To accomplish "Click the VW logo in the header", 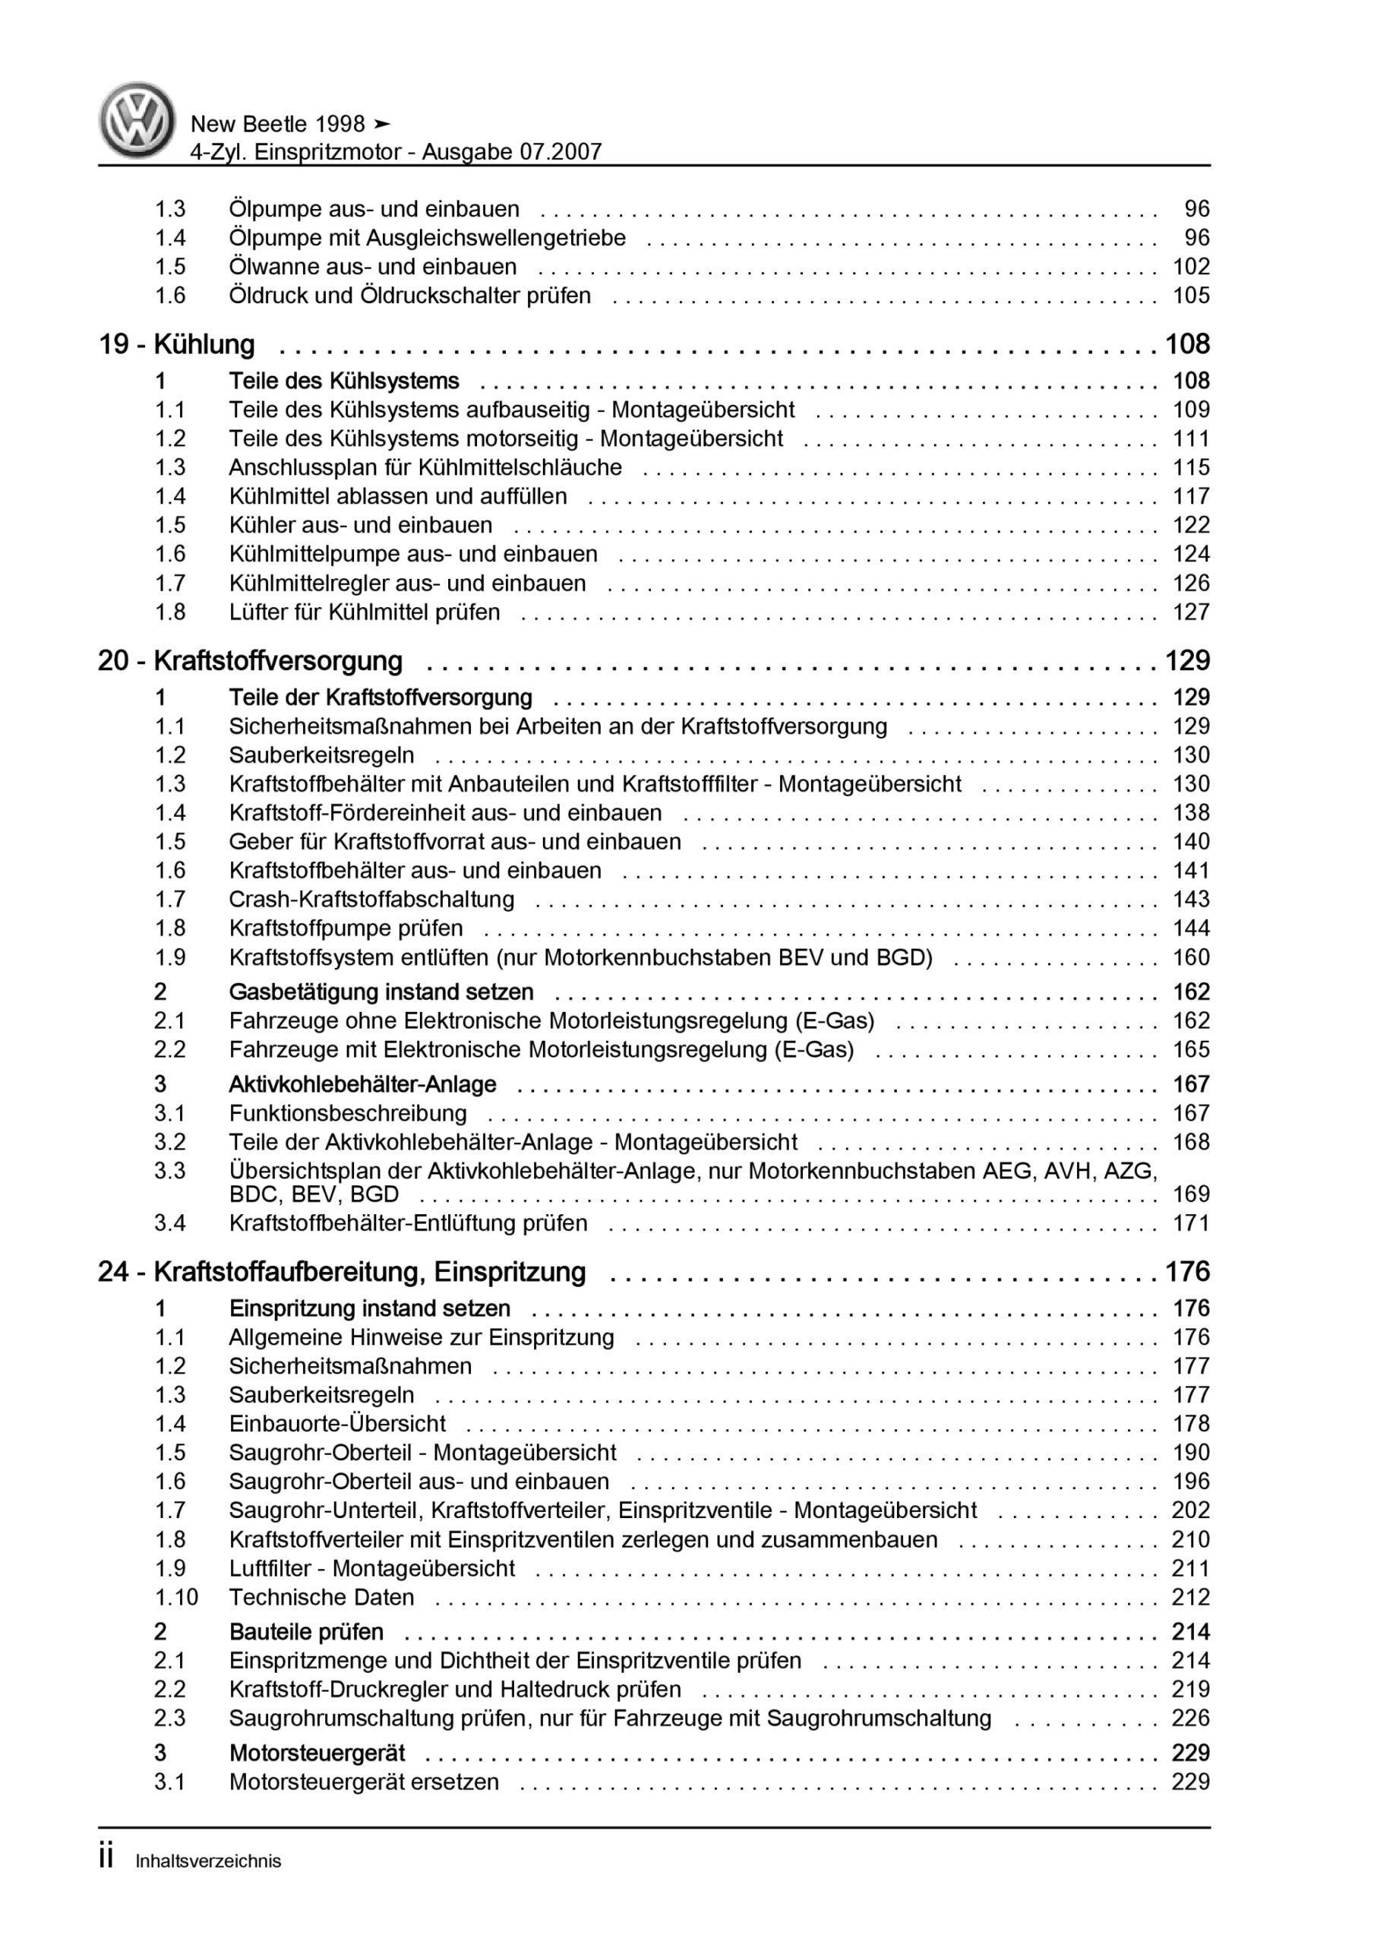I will (x=137, y=121).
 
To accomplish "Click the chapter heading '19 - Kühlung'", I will (x=176, y=345).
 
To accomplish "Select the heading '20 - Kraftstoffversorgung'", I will (x=250, y=661).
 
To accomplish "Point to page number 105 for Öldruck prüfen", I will (x=1190, y=296).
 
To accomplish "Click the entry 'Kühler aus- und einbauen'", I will (x=360, y=525).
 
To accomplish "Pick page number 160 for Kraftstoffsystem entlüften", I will (x=1190, y=957).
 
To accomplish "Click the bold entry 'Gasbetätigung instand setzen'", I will (x=381, y=992).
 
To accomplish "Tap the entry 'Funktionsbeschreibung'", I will (x=347, y=1113).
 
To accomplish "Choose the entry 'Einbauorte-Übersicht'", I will (x=336, y=1423).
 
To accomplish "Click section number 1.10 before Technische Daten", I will (x=175, y=1597).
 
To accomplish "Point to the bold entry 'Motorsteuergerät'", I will (x=317, y=1753).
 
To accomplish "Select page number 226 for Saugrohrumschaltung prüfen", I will (x=1190, y=1718).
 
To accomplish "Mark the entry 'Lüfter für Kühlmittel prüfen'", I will (x=365, y=612).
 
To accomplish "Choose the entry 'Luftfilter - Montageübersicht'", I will (x=372, y=1568).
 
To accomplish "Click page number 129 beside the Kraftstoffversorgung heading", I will (x=1188, y=661).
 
